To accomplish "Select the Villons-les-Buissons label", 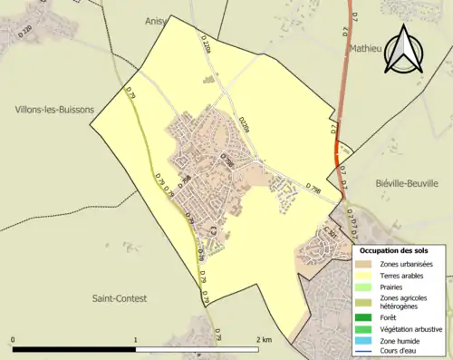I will [x=54, y=110].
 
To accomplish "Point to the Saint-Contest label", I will [x=122, y=297].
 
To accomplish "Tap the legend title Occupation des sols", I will [x=394, y=249].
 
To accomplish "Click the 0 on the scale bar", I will [x=13, y=340].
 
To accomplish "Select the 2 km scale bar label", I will [x=264, y=340].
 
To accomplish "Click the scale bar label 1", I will [x=136, y=340].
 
